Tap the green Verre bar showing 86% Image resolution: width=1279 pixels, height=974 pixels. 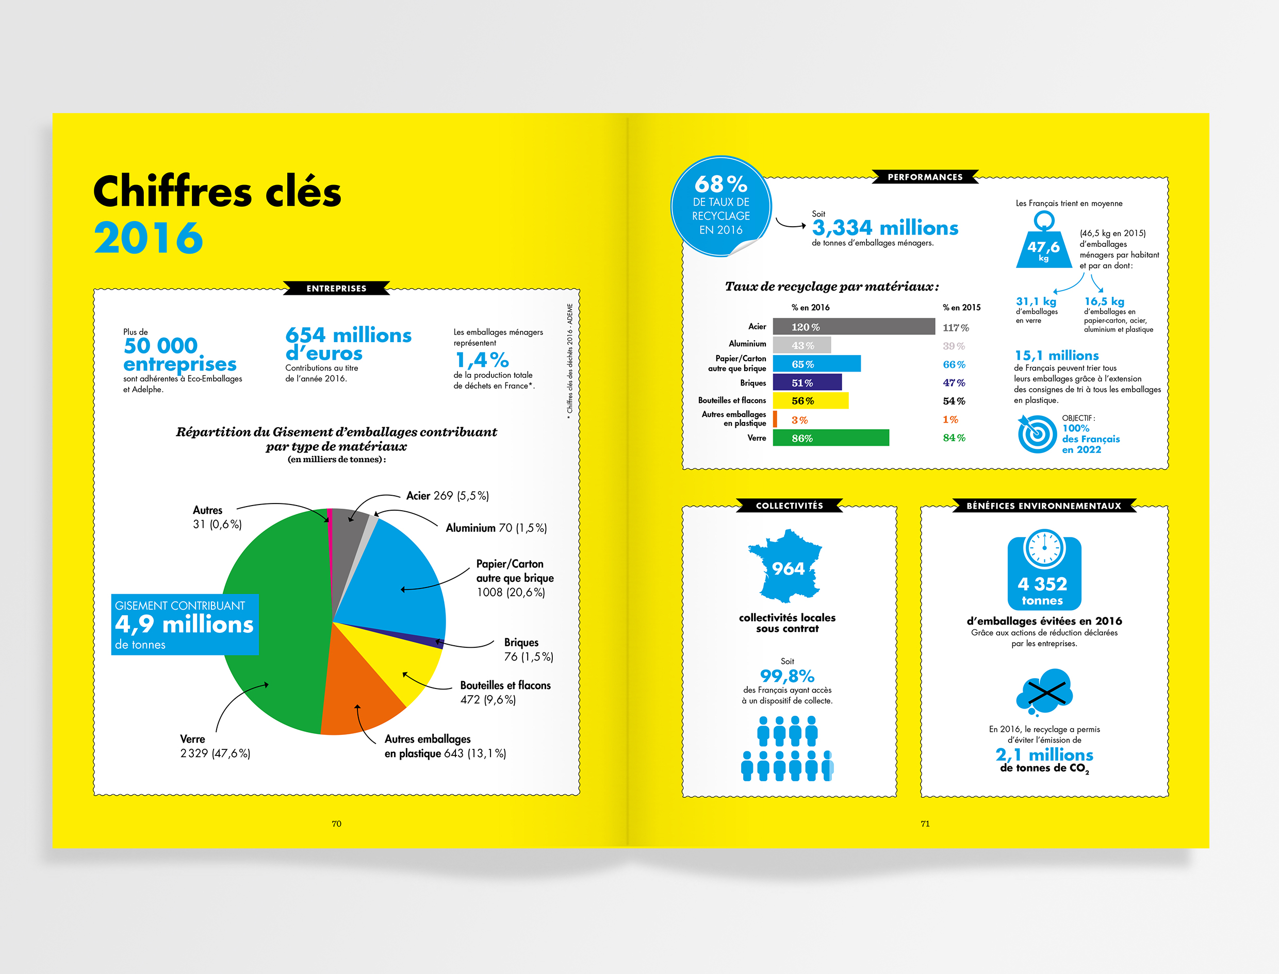click(x=831, y=438)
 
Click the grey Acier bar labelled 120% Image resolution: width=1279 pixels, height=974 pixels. click(x=853, y=327)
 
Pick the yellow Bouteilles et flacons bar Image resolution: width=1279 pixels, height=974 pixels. click(x=810, y=400)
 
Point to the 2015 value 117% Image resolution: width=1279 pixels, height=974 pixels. click(x=955, y=328)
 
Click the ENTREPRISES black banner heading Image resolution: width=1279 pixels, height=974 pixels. click(x=336, y=288)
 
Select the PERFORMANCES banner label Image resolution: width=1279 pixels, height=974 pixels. click(x=925, y=177)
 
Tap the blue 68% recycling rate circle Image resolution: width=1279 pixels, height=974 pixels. click(x=721, y=206)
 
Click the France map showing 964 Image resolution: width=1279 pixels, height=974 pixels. click(x=786, y=567)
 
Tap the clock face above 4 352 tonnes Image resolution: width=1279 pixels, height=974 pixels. click(x=1044, y=548)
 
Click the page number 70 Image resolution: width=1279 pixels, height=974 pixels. click(x=336, y=824)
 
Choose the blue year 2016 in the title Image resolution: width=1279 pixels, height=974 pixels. click(x=149, y=238)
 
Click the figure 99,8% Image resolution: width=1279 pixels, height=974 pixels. click(x=787, y=676)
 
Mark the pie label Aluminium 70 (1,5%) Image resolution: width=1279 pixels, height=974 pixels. click(x=496, y=528)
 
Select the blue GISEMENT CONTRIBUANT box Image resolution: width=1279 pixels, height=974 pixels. click(x=185, y=625)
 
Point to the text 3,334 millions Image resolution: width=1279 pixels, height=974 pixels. click(x=885, y=228)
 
